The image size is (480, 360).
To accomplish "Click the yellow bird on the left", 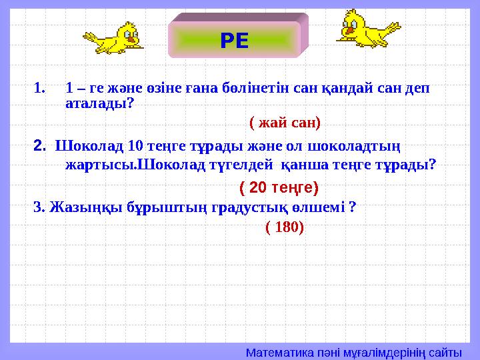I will point(113,38).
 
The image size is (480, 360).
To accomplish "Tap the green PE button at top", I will point(235,41).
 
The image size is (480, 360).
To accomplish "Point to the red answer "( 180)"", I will point(285,227).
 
